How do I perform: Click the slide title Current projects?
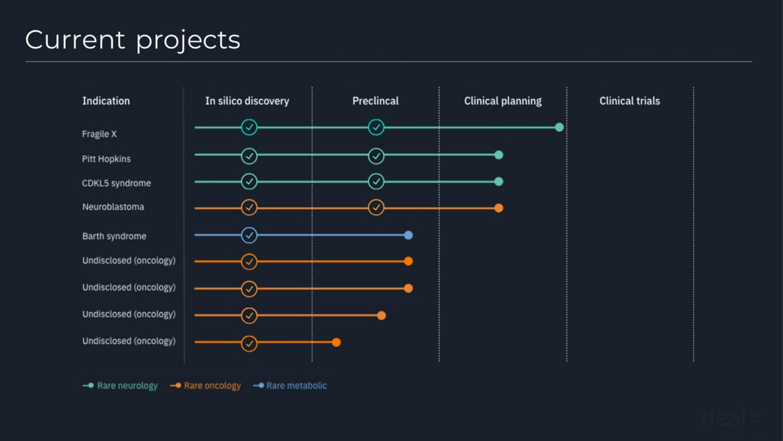[133, 40]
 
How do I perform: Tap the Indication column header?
[106, 101]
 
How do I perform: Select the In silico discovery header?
[247, 101]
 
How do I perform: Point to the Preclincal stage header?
[375, 101]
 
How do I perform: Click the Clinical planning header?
[502, 101]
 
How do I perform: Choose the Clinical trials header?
[629, 101]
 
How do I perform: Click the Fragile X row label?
[99, 134]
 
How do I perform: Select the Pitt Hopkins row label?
[106, 158]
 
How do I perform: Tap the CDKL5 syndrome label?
[117, 183]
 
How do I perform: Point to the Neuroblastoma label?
[113, 207]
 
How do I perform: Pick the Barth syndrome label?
[114, 236]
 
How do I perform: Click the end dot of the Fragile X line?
[559, 127]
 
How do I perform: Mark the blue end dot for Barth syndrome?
[408, 235]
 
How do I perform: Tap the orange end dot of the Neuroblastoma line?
[499, 208]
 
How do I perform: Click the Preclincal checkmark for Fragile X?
[376, 127]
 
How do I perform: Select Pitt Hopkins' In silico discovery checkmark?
[249, 156]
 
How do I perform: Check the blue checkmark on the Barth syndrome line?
[249, 235]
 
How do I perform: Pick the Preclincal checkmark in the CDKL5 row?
[376, 181]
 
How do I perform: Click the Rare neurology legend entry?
[120, 386]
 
